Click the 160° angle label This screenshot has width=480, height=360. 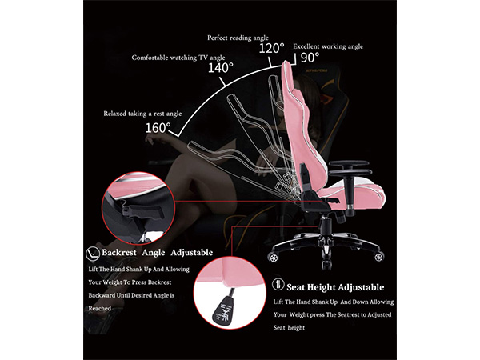pyautogui.click(x=158, y=128)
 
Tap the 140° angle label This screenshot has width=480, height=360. pyautogui.click(x=221, y=68)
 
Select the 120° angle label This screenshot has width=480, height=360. pyautogui.click(x=271, y=48)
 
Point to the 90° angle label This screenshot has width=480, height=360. pyautogui.click(x=310, y=58)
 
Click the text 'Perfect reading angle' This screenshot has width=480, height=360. pyautogui.click(x=238, y=38)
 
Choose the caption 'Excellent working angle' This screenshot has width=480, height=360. pyautogui.click(x=328, y=46)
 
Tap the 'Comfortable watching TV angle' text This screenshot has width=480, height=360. pyautogui.click(x=178, y=58)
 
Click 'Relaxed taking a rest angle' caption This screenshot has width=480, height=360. pyautogui.click(x=142, y=114)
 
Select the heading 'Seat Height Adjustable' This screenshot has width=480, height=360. pyautogui.click(x=335, y=287)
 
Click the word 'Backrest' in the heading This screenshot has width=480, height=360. pyautogui.click(x=119, y=253)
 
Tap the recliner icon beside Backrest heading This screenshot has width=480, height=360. pyautogui.click(x=93, y=254)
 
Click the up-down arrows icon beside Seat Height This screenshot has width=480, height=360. pyautogui.click(x=278, y=284)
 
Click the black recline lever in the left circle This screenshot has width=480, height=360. pyautogui.click(x=145, y=211)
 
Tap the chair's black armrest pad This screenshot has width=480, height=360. pyautogui.click(x=350, y=164)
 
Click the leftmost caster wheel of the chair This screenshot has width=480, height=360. pyautogui.click(x=273, y=257)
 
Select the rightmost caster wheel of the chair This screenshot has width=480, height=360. pyautogui.click(x=379, y=256)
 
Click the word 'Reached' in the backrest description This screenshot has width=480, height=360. pyautogui.click(x=99, y=309)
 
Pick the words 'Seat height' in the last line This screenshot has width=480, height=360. pyautogui.click(x=289, y=328)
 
